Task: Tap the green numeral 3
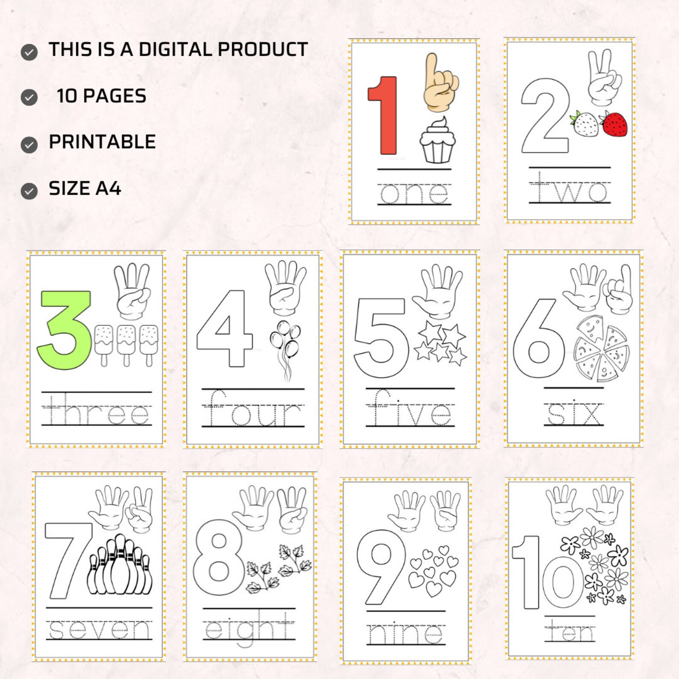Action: click(x=64, y=329)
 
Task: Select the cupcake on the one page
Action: click(x=437, y=141)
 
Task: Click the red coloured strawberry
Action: click(x=615, y=124)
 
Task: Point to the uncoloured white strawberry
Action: click(x=585, y=124)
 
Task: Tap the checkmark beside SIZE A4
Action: click(x=29, y=191)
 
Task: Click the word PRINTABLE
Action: click(x=102, y=142)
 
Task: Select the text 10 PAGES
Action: click(x=101, y=96)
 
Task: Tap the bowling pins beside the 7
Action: click(x=120, y=567)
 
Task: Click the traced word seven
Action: click(x=99, y=629)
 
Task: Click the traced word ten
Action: click(x=570, y=631)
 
